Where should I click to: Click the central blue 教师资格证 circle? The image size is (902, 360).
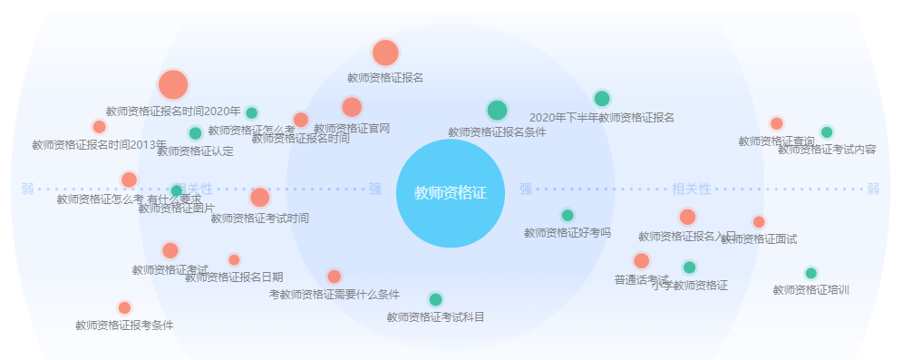click(x=450, y=193)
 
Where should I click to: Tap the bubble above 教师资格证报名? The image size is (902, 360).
click(x=385, y=53)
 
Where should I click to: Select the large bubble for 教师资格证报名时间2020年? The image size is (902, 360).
click(x=172, y=84)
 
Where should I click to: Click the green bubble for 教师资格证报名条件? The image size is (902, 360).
click(x=497, y=111)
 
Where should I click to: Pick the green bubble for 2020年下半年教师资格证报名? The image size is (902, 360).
click(x=602, y=99)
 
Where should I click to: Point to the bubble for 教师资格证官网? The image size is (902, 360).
click(x=352, y=107)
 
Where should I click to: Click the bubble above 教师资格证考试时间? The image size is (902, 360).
click(x=260, y=197)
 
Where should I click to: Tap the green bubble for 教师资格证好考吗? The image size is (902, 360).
click(x=567, y=215)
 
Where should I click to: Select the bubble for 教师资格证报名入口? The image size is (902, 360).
click(x=687, y=217)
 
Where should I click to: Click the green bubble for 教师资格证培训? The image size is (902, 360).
click(x=810, y=273)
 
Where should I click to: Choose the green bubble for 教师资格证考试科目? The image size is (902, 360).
click(x=435, y=299)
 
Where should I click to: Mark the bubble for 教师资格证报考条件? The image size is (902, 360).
click(x=124, y=307)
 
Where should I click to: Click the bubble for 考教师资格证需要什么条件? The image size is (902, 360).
click(x=334, y=277)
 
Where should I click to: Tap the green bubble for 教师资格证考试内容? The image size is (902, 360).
click(x=827, y=131)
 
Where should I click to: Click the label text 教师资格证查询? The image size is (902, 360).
click(x=776, y=141)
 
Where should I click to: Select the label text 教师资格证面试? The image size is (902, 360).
click(x=759, y=238)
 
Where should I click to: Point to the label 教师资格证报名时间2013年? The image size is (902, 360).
click(x=99, y=144)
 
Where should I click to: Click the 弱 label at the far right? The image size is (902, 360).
click(x=873, y=190)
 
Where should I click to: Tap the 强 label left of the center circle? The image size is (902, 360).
click(x=375, y=190)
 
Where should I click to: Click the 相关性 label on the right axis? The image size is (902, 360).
click(x=692, y=190)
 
